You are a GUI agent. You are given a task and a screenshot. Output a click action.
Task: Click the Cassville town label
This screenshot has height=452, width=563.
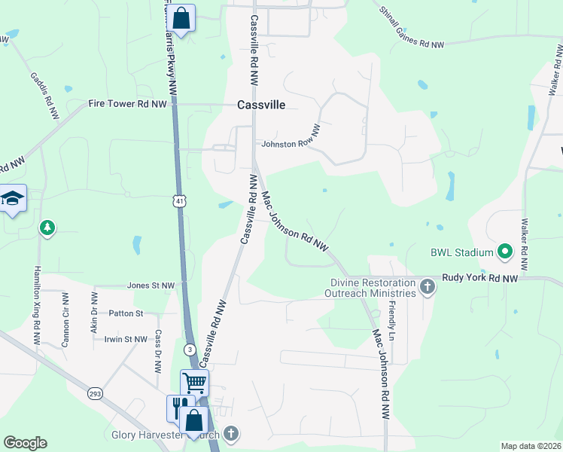pyautogui.click(x=261, y=105)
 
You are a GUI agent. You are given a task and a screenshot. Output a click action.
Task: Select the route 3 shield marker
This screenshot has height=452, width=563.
pyautogui.click(x=191, y=350)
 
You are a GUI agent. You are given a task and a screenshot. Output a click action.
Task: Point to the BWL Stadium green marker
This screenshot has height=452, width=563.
pyautogui.click(x=505, y=252)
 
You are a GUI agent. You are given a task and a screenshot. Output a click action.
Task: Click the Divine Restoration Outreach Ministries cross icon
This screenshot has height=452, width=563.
pyautogui.click(x=428, y=286)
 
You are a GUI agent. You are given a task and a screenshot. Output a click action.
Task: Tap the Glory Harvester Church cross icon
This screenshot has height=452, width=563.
pyautogui.click(x=231, y=434)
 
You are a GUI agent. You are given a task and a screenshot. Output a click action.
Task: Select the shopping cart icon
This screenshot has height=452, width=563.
pyautogui.click(x=194, y=382)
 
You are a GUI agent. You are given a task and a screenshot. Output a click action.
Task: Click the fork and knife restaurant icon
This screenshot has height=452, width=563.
pyautogui.click(x=178, y=408)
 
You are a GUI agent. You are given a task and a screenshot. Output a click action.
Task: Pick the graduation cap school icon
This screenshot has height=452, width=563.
pyautogui.click(x=13, y=198)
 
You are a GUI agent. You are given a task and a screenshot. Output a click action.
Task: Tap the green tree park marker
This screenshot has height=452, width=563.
pyautogui.click(x=47, y=227)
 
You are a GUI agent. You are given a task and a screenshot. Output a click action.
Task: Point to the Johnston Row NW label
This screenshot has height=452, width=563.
pyautogui.click(x=291, y=143)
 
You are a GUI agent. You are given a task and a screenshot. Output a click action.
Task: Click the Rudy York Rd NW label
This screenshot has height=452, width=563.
pyautogui.click(x=480, y=278)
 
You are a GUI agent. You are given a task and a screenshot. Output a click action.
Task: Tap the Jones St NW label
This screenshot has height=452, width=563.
pyautogui.click(x=151, y=286)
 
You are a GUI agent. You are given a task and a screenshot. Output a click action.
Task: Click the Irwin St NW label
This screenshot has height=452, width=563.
pyautogui.click(x=126, y=340)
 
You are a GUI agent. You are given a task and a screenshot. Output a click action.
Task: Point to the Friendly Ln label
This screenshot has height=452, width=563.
pyautogui.click(x=391, y=319)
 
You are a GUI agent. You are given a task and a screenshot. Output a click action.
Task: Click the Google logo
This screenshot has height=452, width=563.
pyautogui.click(x=26, y=443)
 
